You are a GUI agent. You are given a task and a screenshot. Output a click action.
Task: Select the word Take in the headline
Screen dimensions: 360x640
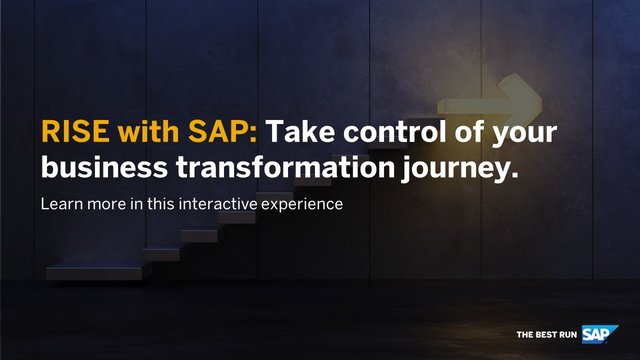point(302,134)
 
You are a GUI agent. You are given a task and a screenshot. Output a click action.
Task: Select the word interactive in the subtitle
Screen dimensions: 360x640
point(218,204)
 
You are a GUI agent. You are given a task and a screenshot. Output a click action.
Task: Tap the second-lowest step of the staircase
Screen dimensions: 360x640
point(160,253)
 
